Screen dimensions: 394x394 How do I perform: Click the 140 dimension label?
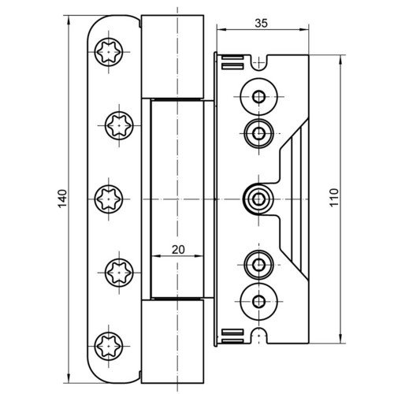[x=62, y=199]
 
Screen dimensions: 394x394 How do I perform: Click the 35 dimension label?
[x=262, y=24]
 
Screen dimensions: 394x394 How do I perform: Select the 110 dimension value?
[x=334, y=198]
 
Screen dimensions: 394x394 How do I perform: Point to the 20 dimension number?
[x=178, y=250]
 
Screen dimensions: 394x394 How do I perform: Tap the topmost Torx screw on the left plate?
[x=109, y=52]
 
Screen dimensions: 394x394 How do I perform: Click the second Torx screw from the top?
[x=119, y=125]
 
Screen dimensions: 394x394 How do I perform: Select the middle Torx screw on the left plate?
[x=109, y=199]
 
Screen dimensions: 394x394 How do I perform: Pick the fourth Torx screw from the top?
[x=119, y=273]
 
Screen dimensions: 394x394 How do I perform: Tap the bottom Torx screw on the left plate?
[x=109, y=346]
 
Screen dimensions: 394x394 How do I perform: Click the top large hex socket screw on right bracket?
[x=259, y=97]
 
